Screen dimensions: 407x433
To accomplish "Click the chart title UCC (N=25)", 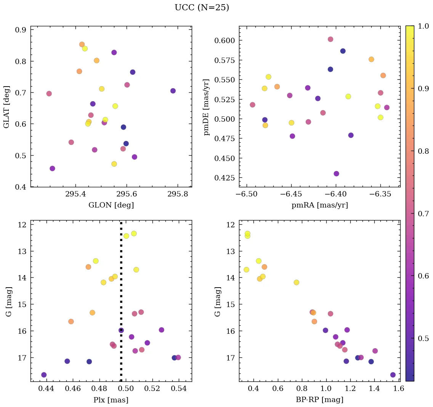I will (202, 8).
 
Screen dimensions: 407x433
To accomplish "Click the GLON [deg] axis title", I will (111, 205).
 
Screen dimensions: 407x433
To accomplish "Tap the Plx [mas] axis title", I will (111, 400).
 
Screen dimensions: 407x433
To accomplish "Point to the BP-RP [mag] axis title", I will (319, 400).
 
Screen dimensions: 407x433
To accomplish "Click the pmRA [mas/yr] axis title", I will (319, 205).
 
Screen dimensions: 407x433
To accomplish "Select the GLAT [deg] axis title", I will (6, 107).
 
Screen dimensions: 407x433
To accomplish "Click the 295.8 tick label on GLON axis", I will (178, 194).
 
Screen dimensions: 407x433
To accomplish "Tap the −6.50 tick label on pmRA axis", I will (247, 194).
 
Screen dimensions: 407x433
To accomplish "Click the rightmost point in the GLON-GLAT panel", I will (173, 91).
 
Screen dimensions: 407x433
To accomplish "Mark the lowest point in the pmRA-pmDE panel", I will (336, 174).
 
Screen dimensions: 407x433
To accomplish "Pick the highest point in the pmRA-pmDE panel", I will (330, 39).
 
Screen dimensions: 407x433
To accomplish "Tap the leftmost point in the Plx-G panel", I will (44, 375).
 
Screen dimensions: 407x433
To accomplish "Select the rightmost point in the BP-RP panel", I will (393, 375).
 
